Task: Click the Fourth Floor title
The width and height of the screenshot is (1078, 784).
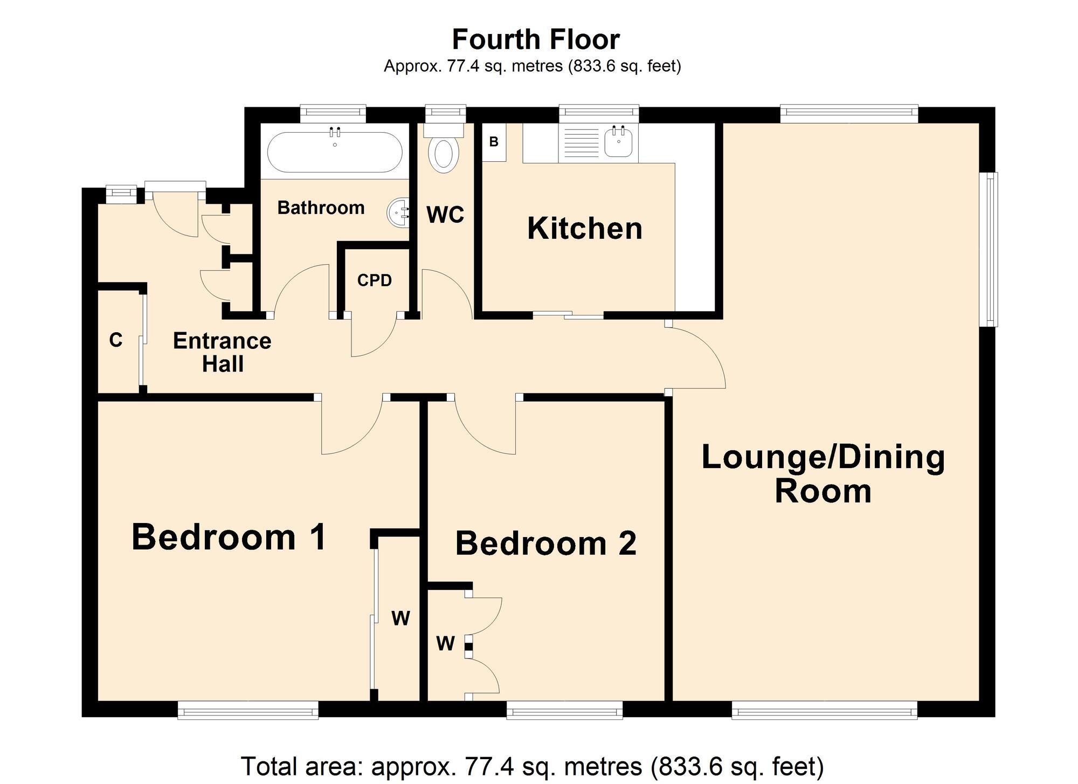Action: (536, 39)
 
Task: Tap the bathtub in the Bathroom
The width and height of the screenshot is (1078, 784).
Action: (335, 152)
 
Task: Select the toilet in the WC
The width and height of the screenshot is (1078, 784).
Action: (444, 154)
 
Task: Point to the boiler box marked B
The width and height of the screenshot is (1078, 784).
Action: (494, 142)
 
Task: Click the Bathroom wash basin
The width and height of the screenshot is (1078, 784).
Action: (397, 212)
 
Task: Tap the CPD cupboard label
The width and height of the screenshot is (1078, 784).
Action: (374, 280)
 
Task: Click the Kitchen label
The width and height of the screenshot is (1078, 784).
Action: (585, 229)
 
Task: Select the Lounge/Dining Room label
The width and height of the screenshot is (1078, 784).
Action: (823, 474)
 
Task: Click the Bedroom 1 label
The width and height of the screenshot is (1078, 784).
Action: (229, 538)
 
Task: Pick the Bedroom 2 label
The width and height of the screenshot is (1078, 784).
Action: (546, 543)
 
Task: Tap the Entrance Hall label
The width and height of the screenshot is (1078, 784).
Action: (222, 352)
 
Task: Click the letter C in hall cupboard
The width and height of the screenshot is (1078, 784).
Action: (116, 340)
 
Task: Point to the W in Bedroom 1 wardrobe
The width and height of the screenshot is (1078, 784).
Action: (400, 618)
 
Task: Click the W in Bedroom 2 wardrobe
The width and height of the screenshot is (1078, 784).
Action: (445, 643)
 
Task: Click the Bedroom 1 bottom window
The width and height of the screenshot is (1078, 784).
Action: (248, 710)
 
